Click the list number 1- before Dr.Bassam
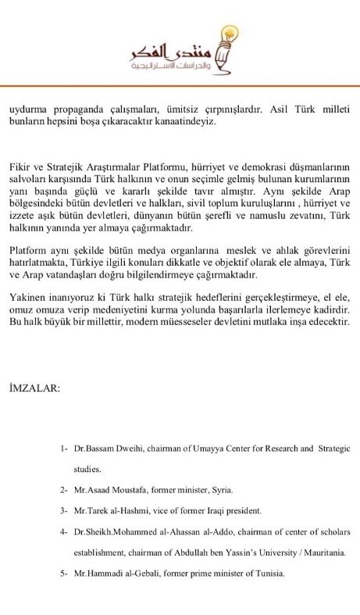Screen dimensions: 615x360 pyautogui.click(x=64, y=449)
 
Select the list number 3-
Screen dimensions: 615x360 pyautogui.click(x=64, y=510)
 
